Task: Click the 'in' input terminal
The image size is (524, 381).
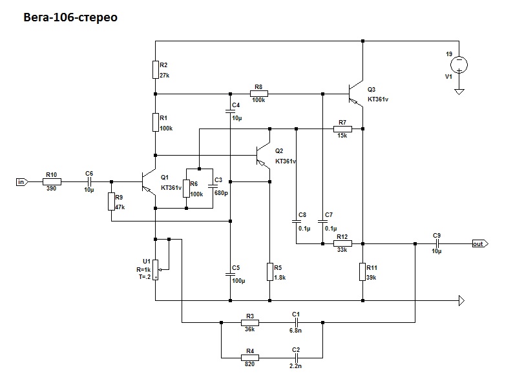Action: point(21,182)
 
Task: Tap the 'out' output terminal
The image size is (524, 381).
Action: point(479,244)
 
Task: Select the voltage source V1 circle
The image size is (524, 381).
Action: point(459,65)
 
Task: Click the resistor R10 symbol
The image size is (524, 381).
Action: point(52,182)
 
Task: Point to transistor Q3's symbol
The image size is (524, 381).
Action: point(356,94)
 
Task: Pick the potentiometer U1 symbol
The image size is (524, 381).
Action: point(156,265)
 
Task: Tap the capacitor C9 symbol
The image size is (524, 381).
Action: point(437,244)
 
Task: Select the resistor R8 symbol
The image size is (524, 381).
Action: point(259,94)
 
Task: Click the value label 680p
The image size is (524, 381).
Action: point(220,192)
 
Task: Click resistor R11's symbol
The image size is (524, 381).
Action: point(362,272)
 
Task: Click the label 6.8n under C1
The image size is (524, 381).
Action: point(296,329)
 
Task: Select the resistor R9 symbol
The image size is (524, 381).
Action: point(111,201)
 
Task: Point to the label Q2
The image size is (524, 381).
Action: point(279,150)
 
